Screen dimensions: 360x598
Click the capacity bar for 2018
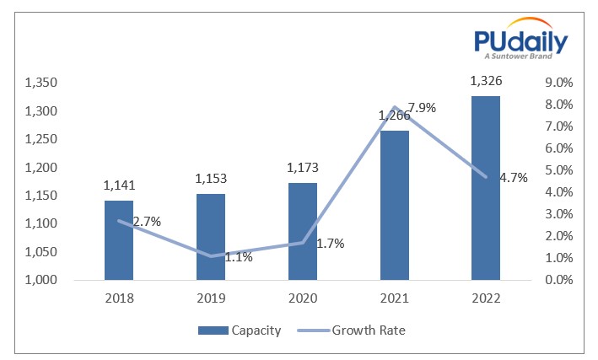119,240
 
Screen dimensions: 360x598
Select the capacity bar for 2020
303,231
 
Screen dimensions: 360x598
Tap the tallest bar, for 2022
486,188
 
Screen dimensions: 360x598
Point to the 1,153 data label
211,179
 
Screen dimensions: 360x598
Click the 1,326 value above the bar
486,81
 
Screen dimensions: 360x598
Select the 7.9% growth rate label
422,108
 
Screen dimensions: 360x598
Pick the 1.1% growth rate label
239,257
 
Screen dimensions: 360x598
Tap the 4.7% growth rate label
513,178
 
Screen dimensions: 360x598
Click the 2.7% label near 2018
146,222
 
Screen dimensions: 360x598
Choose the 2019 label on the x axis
211,298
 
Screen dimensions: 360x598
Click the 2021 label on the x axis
394,298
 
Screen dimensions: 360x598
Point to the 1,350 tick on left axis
40,83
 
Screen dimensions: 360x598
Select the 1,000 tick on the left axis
40,280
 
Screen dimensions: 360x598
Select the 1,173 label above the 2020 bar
303,168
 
